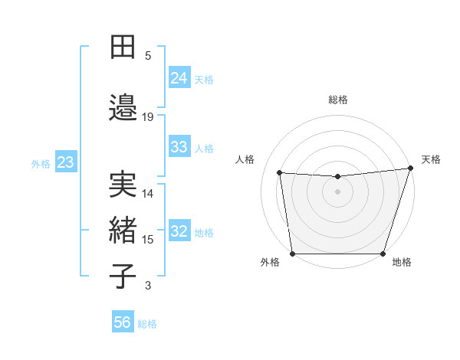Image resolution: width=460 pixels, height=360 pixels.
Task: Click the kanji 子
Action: click(123, 277)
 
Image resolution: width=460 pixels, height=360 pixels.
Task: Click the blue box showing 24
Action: click(179, 78)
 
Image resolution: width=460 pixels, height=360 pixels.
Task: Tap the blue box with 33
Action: click(179, 147)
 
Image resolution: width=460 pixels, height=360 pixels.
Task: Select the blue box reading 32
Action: click(179, 231)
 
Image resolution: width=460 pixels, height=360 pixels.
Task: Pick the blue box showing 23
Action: click(65, 162)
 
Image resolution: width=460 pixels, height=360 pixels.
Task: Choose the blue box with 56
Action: click(123, 322)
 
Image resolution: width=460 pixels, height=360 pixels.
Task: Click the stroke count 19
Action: click(148, 117)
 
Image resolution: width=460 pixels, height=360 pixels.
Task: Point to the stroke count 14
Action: click(148, 194)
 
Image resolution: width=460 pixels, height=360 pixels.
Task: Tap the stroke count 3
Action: click(148, 286)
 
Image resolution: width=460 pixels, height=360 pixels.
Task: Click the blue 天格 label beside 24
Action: click(204, 79)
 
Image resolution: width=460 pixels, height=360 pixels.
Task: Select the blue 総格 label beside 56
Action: click(147, 323)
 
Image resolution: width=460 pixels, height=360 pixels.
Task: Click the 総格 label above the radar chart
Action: click(337, 100)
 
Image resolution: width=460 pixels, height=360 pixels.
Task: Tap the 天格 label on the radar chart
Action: click(431, 159)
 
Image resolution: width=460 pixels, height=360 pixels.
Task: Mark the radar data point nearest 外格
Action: click(292, 254)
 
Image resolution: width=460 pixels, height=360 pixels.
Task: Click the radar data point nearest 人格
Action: click(279, 173)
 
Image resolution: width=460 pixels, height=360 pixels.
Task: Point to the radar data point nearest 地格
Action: click(383, 254)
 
